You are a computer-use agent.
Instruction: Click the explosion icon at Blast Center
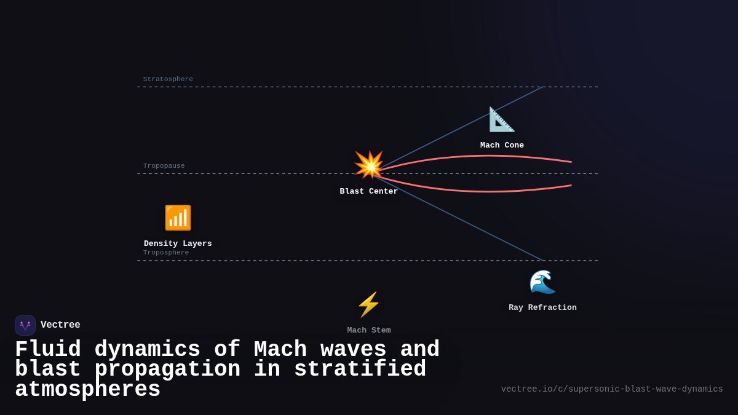[x=369, y=165]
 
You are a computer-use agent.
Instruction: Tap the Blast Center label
[x=369, y=191]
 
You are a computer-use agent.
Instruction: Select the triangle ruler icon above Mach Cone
[x=502, y=119]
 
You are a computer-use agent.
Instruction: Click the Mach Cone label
[x=502, y=146]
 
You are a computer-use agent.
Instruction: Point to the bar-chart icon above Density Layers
[x=178, y=218]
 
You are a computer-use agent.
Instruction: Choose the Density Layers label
[x=178, y=243]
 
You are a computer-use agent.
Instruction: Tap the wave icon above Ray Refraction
[x=542, y=282]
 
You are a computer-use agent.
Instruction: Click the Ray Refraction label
[x=542, y=307]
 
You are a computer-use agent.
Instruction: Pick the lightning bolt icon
[x=369, y=304]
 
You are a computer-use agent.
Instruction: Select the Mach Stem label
[x=369, y=330]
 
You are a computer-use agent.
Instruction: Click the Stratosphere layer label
[x=168, y=79]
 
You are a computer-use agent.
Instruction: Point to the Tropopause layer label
[x=164, y=166]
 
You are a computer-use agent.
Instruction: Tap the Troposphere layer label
[x=166, y=253]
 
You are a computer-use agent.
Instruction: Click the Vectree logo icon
[x=25, y=325]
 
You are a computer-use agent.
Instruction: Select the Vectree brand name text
[x=60, y=325]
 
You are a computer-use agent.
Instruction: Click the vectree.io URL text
[x=612, y=389]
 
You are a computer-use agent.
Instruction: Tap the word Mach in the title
[x=280, y=350]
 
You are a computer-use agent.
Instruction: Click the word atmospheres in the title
[x=87, y=390]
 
